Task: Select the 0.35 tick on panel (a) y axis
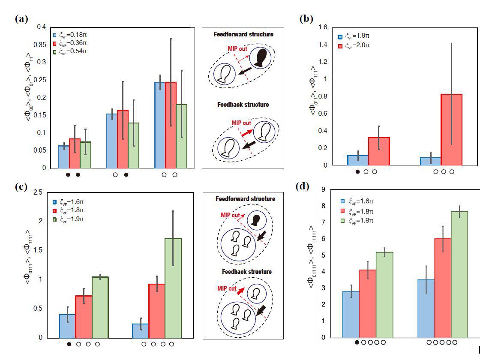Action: (x=42, y=45)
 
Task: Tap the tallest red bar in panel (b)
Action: (x=452, y=129)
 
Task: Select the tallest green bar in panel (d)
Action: (x=459, y=274)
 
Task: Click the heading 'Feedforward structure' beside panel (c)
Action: (x=245, y=199)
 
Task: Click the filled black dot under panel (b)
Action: (x=357, y=172)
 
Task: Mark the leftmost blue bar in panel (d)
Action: (x=351, y=314)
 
